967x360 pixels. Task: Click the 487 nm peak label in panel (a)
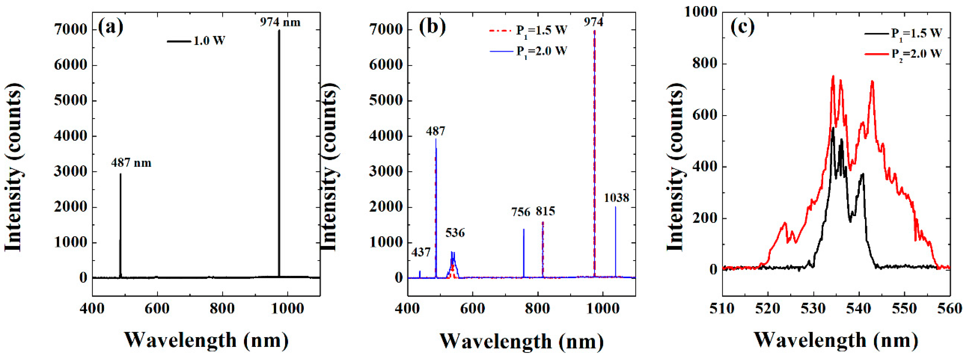tap(131, 163)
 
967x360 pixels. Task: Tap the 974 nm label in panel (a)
tap(280, 22)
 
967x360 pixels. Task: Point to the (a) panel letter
tap(110, 27)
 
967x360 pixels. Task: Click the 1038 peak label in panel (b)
tap(616, 198)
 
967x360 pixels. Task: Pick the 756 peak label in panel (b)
tap(521, 212)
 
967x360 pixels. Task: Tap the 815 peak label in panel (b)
tap(545, 211)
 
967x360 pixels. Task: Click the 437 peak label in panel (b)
tap(421, 252)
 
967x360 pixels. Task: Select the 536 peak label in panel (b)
tap(455, 233)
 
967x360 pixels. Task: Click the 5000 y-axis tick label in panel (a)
tap(70, 101)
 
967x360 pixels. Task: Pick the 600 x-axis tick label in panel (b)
tap(472, 308)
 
